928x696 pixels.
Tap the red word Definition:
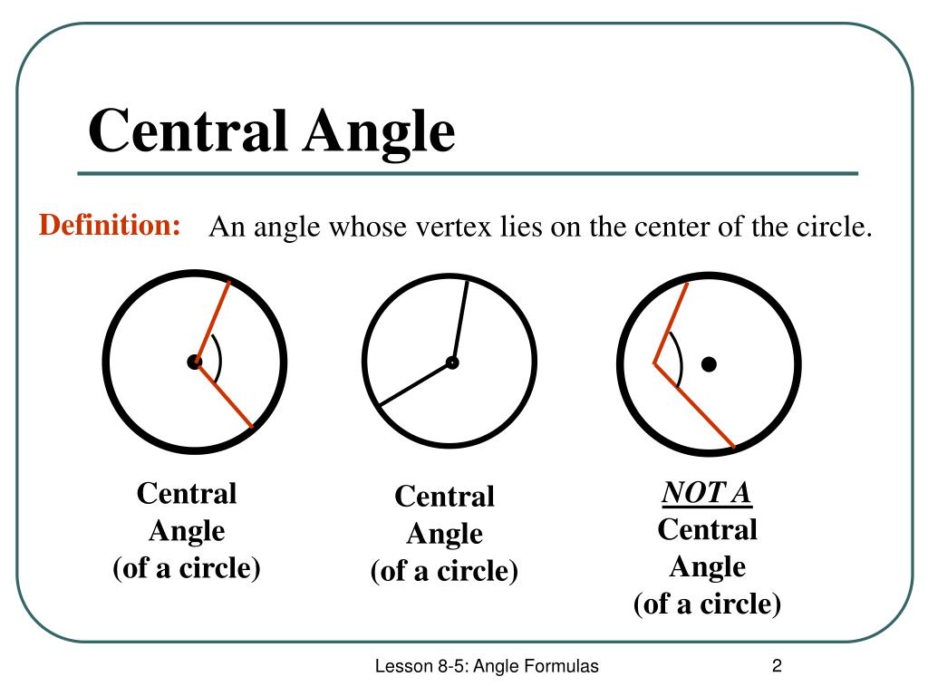click(109, 225)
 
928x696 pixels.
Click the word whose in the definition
click(360, 227)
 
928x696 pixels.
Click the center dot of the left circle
click(194, 362)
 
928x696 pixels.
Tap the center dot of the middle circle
click(451, 362)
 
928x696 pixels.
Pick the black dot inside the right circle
click(709, 364)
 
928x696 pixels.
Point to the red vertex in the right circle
click(654, 363)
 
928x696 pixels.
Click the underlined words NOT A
click(707, 493)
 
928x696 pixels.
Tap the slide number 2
click(777, 667)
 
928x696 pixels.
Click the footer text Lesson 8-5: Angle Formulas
click(488, 667)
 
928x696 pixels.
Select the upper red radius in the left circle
click(212, 322)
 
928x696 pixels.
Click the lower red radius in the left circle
click(223, 395)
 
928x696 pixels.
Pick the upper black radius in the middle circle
click(459, 322)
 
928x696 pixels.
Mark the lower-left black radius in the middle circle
click(415, 383)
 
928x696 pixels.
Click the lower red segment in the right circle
click(694, 405)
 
